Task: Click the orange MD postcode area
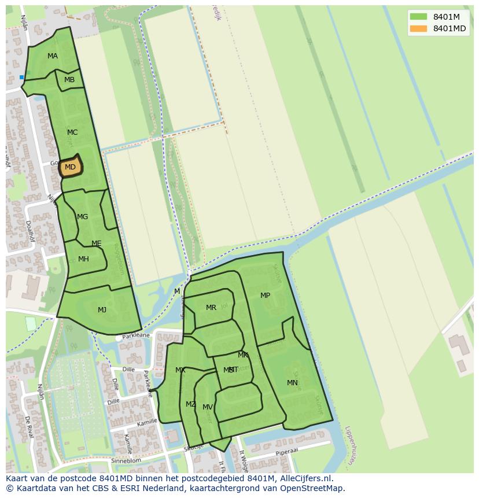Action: (x=70, y=167)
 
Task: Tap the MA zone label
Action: (x=53, y=56)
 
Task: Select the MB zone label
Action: (x=69, y=80)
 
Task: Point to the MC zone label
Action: (x=72, y=132)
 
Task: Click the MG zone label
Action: (x=83, y=217)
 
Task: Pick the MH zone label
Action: (x=83, y=259)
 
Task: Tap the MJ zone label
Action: (x=102, y=310)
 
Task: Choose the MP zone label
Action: (x=265, y=296)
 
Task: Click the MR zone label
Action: (x=211, y=308)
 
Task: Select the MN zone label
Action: (x=292, y=383)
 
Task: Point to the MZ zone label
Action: (x=190, y=404)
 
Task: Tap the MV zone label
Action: (x=207, y=407)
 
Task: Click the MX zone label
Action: (x=180, y=370)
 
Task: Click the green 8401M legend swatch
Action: (x=418, y=16)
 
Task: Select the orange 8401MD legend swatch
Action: (x=418, y=28)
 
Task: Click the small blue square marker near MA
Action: (x=22, y=77)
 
